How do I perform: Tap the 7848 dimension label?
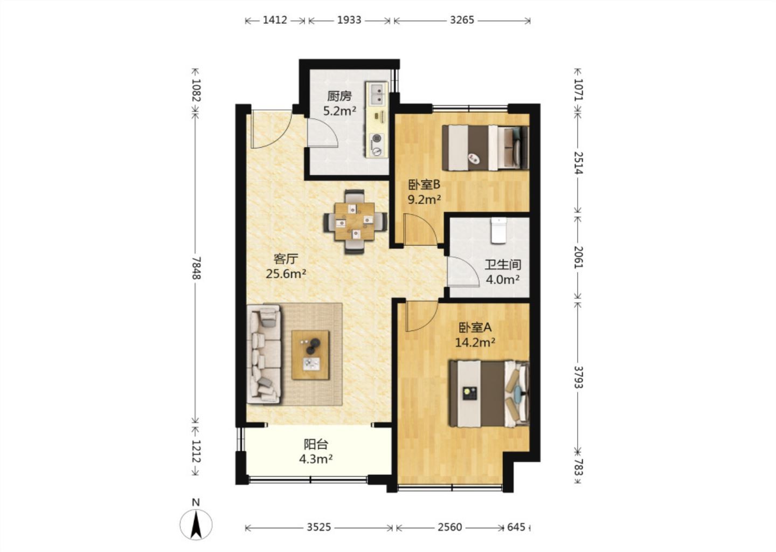tap(196, 268)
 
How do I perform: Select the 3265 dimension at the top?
tap(462, 20)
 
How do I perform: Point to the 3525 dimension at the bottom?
tap(318, 527)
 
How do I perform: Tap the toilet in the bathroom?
tap(498, 230)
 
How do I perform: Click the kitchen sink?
tap(377, 94)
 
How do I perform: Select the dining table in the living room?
tap(355, 222)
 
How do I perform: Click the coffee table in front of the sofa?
tap(310, 355)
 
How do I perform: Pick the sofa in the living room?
tap(264, 354)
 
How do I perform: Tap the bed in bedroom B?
tap(486, 148)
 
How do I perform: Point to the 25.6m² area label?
tap(286, 274)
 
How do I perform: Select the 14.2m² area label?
tap(475, 342)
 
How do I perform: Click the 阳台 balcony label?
tap(316, 444)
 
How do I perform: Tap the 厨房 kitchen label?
tap(339, 96)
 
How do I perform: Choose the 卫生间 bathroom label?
tap(503, 265)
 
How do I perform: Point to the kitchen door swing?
tap(322, 133)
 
